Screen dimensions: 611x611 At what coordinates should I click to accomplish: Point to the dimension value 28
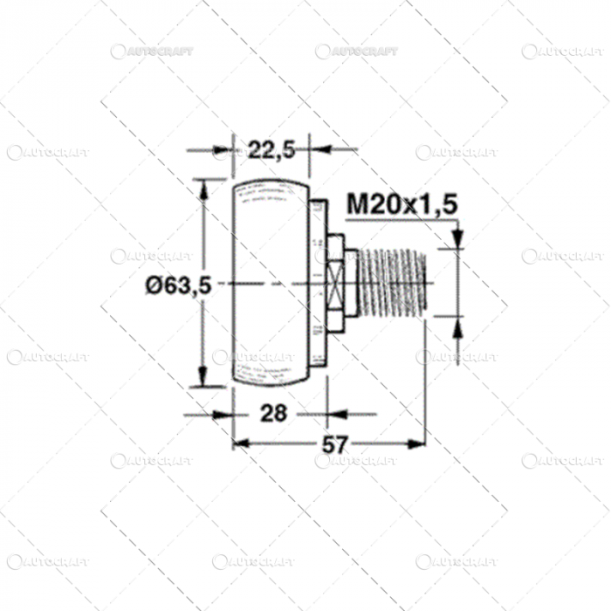tap(272, 413)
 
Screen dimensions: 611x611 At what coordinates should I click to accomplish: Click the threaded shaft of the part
tap(393, 283)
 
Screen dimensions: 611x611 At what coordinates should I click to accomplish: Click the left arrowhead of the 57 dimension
tap(242, 444)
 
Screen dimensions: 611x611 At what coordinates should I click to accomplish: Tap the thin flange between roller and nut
tap(318, 283)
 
